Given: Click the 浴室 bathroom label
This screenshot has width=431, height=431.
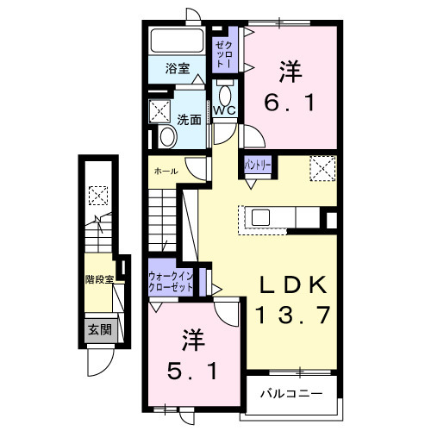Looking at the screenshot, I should point(178,69).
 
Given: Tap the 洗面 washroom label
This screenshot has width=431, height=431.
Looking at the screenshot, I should point(189,121).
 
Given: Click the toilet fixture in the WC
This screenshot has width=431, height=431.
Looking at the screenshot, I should point(225,94).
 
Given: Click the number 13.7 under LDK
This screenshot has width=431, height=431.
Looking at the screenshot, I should point(293,315).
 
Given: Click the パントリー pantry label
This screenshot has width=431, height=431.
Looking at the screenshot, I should point(259,163).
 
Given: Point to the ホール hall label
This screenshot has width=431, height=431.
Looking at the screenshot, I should point(166,171).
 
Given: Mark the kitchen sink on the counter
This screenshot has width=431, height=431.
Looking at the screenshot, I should point(260,216).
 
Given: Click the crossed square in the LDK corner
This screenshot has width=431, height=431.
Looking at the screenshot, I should point(322,167).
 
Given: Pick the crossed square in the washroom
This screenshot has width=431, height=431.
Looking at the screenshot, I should point(159,110).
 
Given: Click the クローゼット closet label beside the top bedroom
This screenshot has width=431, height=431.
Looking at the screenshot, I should point(222,53).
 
